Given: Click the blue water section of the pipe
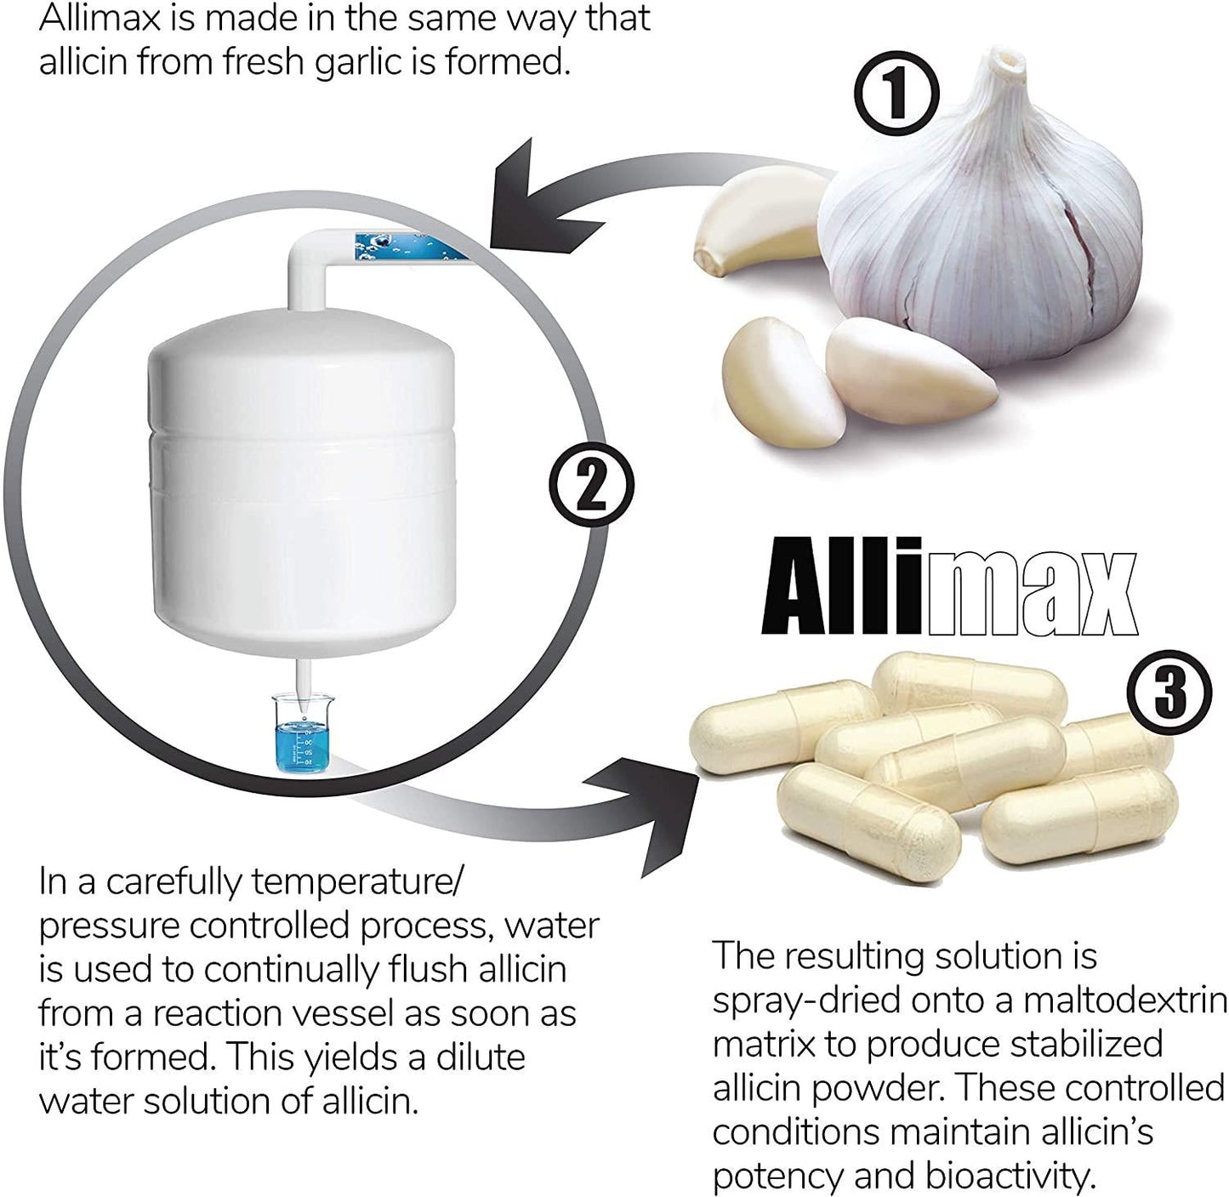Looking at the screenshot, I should pyautogui.click(x=408, y=246).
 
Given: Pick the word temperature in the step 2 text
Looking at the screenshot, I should pyautogui.click(x=356, y=882).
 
